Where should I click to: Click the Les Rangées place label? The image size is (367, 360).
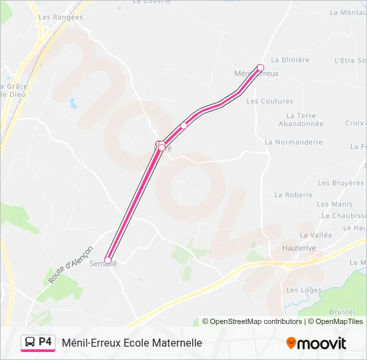coord(61,17)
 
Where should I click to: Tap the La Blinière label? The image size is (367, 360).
coord(290,60)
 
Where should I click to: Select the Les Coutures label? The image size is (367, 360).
coord(270,101)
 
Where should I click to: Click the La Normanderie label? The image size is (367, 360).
coord(294,142)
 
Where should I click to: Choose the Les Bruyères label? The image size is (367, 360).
coord(340,183)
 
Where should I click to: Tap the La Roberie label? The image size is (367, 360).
coord(294,195)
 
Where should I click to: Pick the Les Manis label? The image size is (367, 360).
coord(334,205)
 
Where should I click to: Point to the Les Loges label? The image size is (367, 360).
coord(304,291)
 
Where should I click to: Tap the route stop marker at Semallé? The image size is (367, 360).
coord(108,260)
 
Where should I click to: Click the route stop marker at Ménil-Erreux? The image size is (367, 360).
coord(260,67)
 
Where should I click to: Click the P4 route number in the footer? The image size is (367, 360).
coord(45,342)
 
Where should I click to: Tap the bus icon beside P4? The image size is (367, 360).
coord(30,343)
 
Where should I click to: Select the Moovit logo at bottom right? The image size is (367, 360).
coord(316,343)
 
